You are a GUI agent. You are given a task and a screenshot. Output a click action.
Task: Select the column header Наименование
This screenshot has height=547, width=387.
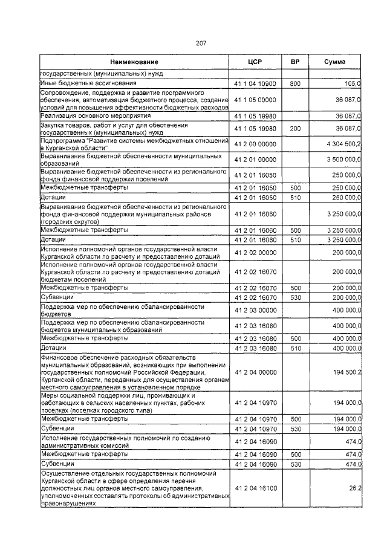[x=134, y=62]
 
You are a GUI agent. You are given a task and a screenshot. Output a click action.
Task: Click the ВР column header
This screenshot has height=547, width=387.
[x=295, y=62]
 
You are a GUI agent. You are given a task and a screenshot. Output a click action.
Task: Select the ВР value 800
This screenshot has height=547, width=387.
[x=295, y=83]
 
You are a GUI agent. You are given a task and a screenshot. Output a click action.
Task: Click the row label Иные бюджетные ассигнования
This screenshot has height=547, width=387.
[x=88, y=83]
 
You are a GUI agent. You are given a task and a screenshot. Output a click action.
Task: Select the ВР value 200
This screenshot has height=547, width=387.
[x=295, y=129]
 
